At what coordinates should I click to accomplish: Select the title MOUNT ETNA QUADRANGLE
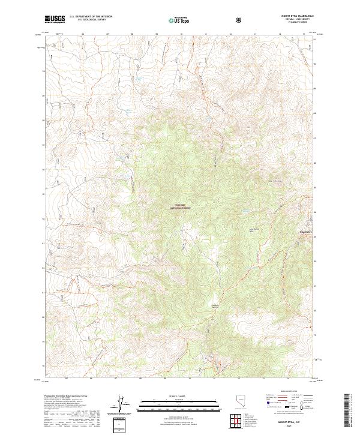pyautogui.click(x=296, y=16)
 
